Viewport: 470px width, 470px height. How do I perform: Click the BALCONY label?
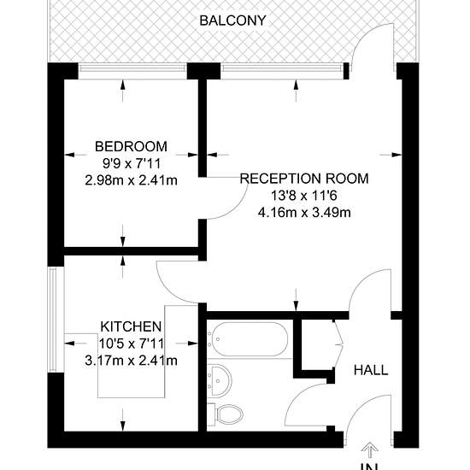pos(232,21)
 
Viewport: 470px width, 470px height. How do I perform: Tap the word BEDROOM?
pos(131,147)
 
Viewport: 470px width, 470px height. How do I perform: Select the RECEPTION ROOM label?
pos(304,179)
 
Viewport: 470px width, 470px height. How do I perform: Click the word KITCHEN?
pos(131,326)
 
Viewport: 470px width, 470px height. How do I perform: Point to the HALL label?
pos(371,370)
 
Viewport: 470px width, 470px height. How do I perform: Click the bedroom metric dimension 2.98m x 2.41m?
pos(131,180)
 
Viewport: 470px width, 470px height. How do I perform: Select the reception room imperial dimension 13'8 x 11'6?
pos(304,196)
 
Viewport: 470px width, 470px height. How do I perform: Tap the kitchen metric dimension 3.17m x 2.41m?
pos(131,361)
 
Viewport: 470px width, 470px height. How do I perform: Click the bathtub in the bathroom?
pos(248,339)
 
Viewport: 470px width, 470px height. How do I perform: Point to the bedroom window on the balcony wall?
pos(132,68)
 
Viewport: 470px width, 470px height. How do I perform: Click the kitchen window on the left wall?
pos(53,320)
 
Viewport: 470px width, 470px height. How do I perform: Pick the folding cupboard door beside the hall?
pos(338,344)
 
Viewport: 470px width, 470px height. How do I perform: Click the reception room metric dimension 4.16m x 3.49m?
pos(304,213)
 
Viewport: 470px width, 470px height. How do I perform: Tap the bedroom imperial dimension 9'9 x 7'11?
pos(131,164)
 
